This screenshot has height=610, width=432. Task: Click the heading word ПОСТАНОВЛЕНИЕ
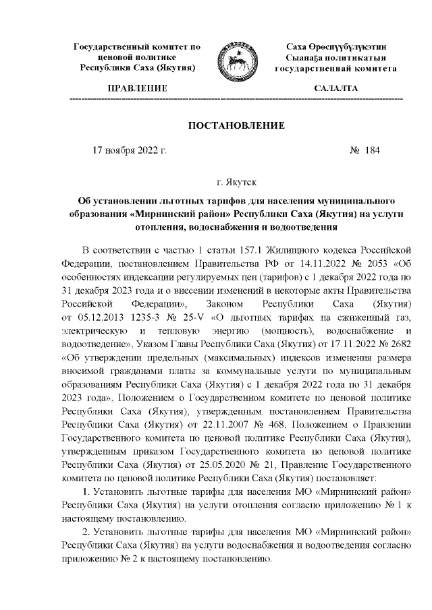pos(236,126)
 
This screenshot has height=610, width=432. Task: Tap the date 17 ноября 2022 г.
pos(129,152)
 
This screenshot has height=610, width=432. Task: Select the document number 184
pos(372,152)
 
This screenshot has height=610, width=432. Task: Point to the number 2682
pos(396,344)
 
